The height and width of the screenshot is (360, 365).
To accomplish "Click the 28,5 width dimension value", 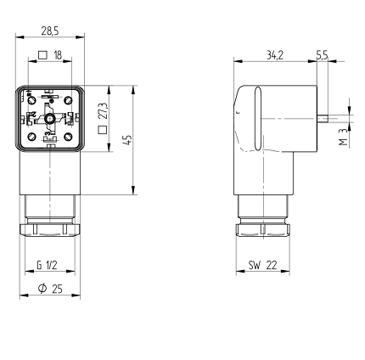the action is coord(50,31).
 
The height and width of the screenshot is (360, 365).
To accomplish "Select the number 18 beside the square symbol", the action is coord(58,55).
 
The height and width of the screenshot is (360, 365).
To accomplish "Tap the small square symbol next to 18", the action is coord(42,54).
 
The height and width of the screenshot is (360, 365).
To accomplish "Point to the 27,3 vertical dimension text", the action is coord(104,110).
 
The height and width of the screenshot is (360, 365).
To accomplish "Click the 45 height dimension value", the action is coord(128,140).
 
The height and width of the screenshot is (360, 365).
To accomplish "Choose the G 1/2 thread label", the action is coord(47,265).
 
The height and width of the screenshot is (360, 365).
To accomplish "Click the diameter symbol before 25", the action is coord(42,289).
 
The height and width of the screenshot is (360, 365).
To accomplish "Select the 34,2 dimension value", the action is coord(275,55).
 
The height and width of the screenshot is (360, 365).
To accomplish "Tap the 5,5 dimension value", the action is coord(322,55).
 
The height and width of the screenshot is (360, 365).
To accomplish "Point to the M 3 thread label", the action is coord(343,137).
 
